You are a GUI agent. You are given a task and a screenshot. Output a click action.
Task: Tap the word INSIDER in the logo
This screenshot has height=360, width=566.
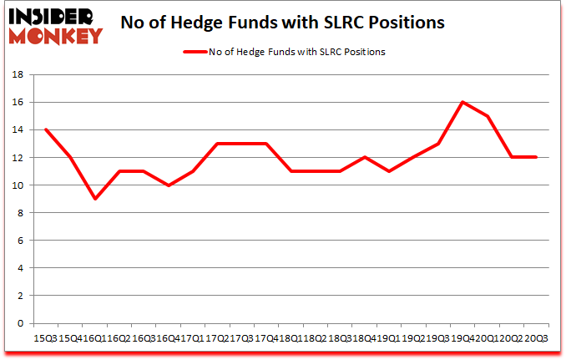(52, 16)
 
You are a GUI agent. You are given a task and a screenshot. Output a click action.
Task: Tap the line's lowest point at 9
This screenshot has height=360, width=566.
(95, 199)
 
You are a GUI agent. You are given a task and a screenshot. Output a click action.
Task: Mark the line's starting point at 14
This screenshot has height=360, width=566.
(45, 129)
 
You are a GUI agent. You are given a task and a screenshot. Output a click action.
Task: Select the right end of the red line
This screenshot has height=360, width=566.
(536, 157)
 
